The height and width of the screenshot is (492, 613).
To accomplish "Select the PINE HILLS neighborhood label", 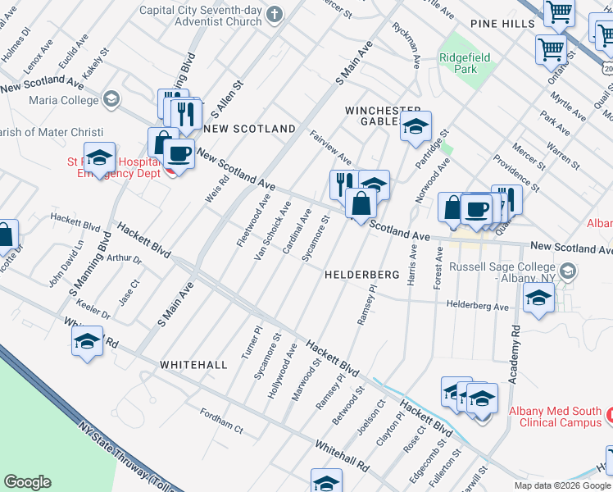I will point(502,25).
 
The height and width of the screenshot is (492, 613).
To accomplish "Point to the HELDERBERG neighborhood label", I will point(361,274).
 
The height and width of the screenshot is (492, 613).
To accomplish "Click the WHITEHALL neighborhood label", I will point(193,363).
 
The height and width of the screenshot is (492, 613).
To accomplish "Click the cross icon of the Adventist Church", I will point(275,14).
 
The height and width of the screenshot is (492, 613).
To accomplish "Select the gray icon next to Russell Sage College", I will point(566,270).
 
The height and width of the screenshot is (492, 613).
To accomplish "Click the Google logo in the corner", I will point(27,482).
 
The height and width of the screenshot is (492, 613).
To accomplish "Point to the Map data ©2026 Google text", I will point(562,485).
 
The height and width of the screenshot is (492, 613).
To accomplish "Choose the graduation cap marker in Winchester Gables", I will point(415,127).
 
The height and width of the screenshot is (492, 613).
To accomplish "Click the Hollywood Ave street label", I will point(282,371).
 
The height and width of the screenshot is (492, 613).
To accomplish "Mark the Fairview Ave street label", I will point(330,147).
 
